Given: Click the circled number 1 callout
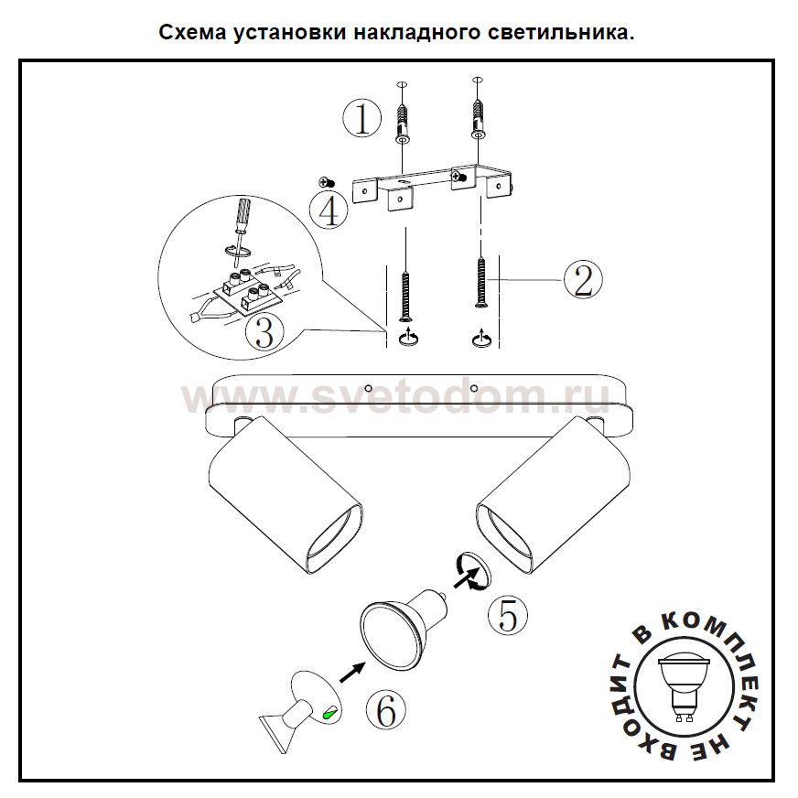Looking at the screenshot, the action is (x=361, y=119).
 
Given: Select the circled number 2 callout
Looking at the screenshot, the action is (x=583, y=280).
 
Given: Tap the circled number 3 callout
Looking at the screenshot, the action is (x=264, y=333).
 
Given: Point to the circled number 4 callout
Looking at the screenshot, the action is (x=329, y=210).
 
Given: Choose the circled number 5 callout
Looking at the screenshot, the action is (x=508, y=615).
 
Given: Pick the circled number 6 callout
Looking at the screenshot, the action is (x=386, y=710).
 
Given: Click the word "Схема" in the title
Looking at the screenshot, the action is (x=192, y=33).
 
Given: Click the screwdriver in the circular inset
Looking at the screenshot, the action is (x=240, y=229).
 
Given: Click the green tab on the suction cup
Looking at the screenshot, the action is (x=329, y=713).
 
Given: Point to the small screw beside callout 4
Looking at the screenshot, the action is (x=327, y=182).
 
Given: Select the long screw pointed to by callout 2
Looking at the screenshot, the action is (x=480, y=283).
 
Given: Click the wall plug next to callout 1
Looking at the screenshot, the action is (x=402, y=124).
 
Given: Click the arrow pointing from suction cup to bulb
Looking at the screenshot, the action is (x=352, y=672).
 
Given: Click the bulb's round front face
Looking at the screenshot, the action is (x=390, y=638).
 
